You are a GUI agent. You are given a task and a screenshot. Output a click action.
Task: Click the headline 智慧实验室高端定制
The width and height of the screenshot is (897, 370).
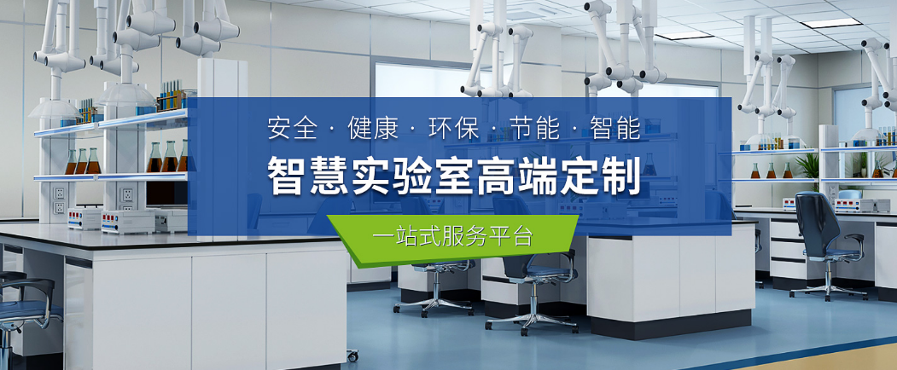coord(454,176)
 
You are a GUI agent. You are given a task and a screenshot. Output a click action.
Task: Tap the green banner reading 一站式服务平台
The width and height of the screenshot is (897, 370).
coord(452,238)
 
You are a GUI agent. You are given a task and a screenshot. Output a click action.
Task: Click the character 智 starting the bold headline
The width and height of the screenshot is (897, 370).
coord(288,176)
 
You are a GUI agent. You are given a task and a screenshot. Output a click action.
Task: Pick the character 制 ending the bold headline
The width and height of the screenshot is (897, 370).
coord(620,176)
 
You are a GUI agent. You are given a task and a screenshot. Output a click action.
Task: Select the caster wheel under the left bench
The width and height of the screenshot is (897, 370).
coord(352,356)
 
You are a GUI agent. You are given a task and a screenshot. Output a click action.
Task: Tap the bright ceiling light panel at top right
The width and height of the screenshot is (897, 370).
coord(830,23)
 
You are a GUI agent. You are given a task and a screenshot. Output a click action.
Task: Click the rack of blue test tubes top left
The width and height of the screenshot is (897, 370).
coord(171,96)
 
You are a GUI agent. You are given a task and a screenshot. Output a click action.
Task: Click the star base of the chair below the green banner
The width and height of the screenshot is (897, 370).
coord(531,322)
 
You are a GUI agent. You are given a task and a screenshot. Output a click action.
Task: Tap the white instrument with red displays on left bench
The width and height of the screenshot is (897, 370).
coord(127,222)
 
